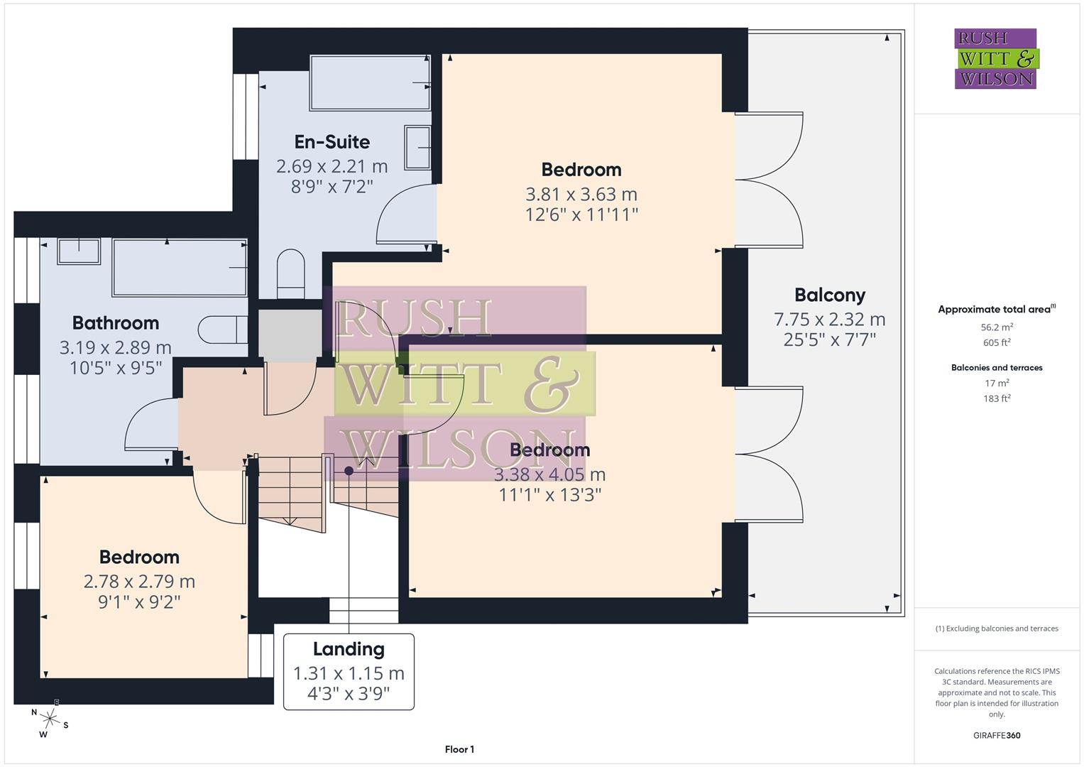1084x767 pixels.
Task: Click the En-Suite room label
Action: click(332, 142)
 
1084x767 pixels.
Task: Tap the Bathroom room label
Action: click(115, 323)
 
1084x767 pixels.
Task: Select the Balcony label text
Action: click(829, 295)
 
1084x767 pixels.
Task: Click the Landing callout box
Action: click(349, 671)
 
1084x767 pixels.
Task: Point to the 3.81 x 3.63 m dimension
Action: click(581, 194)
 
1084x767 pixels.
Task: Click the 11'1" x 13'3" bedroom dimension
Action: click(550, 495)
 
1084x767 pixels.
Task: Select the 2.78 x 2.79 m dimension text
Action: click(139, 582)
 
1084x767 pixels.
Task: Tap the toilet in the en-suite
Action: click(290, 273)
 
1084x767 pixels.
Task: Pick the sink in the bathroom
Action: click(79, 251)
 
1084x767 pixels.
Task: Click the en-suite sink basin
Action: click(418, 147)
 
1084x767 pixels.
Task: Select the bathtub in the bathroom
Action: click(180, 267)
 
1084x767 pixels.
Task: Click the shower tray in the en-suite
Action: click(370, 82)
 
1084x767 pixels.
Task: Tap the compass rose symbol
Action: click(48, 718)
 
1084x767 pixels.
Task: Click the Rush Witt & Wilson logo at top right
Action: click(995, 59)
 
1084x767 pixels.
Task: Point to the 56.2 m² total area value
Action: click(997, 327)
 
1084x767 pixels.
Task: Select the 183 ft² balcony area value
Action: click(997, 398)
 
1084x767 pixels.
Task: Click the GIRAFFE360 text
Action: click(997, 735)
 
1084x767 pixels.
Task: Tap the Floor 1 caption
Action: click(459, 749)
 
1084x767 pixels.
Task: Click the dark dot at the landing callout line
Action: click(349, 471)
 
